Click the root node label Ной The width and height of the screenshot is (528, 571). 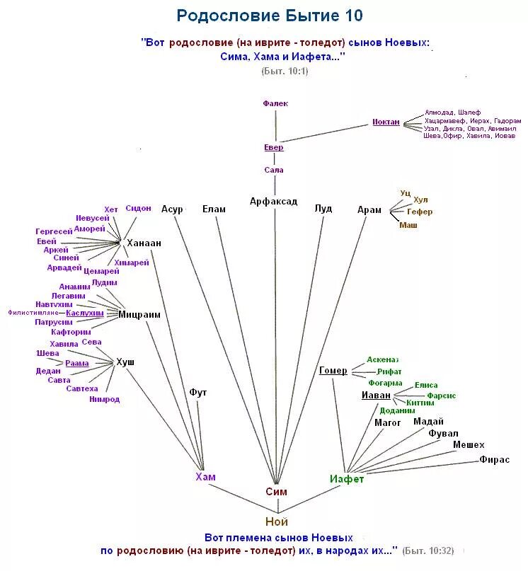click(x=277, y=522)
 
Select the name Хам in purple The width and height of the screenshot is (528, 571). click(x=205, y=477)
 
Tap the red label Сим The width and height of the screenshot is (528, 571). click(x=276, y=492)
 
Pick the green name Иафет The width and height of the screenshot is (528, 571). click(x=347, y=479)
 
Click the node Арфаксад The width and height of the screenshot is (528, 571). click(x=273, y=202)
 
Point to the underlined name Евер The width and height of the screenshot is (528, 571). click(x=274, y=147)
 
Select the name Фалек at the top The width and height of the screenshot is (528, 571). click(x=275, y=103)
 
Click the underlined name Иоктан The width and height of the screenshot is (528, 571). click(x=386, y=122)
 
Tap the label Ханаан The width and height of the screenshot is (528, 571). click(x=144, y=243)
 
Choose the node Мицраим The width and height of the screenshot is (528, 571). click(x=139, y=314)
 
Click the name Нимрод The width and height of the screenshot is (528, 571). click(x=104, y=399)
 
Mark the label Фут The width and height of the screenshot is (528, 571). click(x=198, y=391)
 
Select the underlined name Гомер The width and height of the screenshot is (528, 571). click(x=333, y=370)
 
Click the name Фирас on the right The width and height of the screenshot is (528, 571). click(x=494, y=459)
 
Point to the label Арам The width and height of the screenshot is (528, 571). click(x=369, y=209)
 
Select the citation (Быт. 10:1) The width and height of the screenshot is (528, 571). click(x=285, y=71)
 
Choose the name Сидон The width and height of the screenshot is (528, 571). click(x=138, y=208)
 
